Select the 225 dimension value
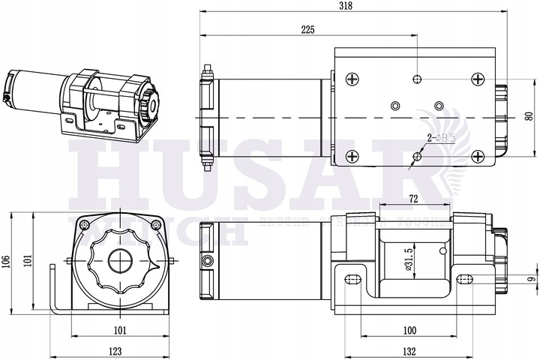tap(307, 29)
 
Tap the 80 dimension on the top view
tap(528, 116)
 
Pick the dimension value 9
tap(530, 280)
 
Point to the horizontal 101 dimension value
tap(120, 329)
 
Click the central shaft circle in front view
tap(120, 261)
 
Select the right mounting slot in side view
tap(464, 280)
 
